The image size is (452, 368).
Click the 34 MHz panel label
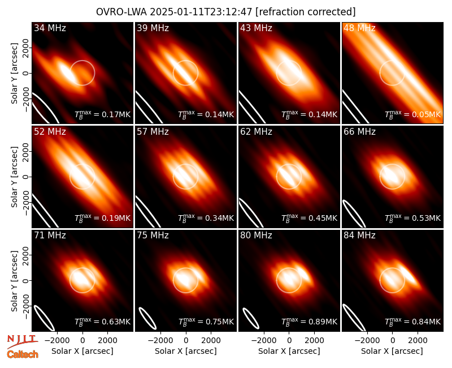point(50,28)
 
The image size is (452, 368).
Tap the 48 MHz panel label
point(359,28)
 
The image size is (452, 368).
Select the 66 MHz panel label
point(359,132)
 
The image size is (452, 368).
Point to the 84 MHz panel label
point(359,236)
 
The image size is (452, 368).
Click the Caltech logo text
point(23,354)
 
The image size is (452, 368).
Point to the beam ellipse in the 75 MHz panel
point(147,318)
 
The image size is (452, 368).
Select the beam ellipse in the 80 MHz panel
point(251,319)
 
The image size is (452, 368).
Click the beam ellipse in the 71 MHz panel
point(44,318)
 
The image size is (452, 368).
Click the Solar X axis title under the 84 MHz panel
point(392,351)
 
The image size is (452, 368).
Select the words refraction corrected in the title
point(306,12)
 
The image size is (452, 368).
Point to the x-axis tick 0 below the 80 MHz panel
point(289,340)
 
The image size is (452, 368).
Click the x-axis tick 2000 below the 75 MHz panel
point(211,340)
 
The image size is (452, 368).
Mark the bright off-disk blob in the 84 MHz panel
point(408,275)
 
